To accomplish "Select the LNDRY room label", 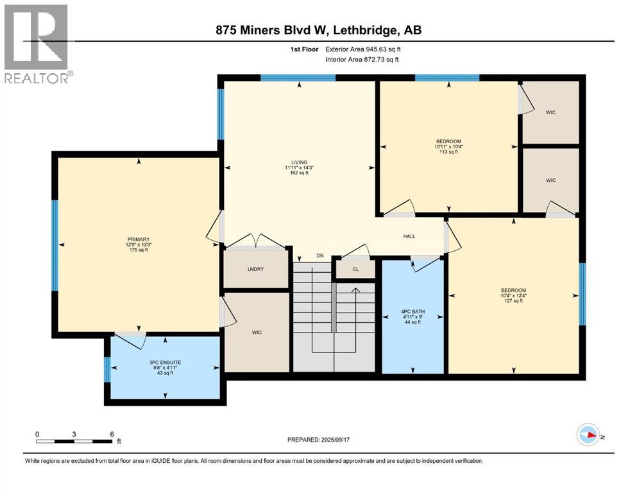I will (257, 270).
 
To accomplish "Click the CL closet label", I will (355, 270).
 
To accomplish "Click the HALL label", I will (409, 236).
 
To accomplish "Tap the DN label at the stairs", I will (319, 256).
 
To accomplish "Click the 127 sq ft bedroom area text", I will (513, 301).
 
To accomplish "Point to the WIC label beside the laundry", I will (257, 332).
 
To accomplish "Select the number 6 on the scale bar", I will (112, 434).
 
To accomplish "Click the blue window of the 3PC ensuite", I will (107, 369).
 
